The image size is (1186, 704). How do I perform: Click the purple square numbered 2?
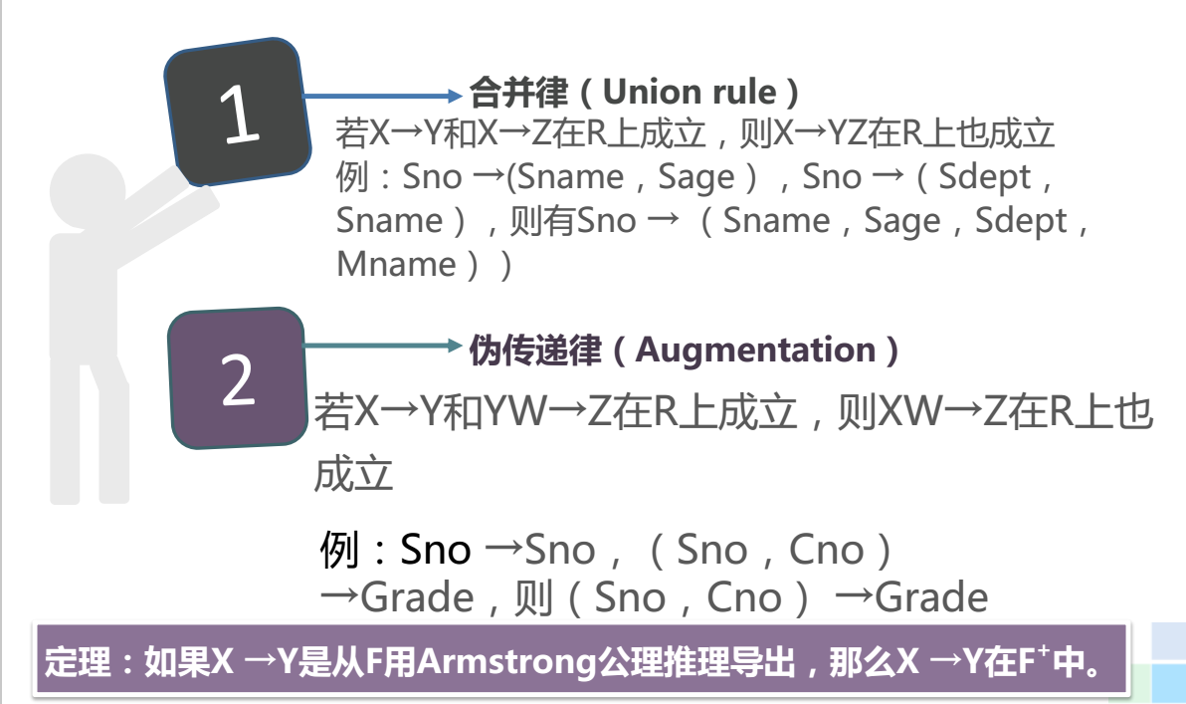238,379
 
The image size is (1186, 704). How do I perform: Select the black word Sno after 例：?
435,550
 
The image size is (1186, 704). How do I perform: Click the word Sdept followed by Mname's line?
1021,220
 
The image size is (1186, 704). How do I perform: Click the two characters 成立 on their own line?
354,475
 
